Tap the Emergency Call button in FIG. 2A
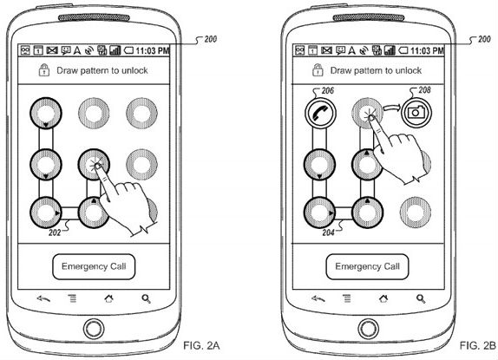[95, 265]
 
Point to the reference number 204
[326, 232]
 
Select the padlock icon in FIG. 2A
[42, 71]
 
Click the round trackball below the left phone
[95, 333]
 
